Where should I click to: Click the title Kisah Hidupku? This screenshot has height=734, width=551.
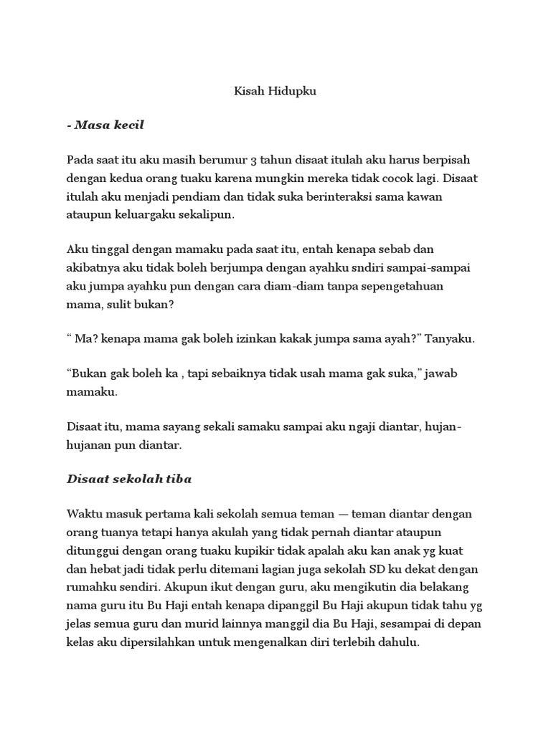pos(275,92)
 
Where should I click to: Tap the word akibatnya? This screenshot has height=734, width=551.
pos(91,267)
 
